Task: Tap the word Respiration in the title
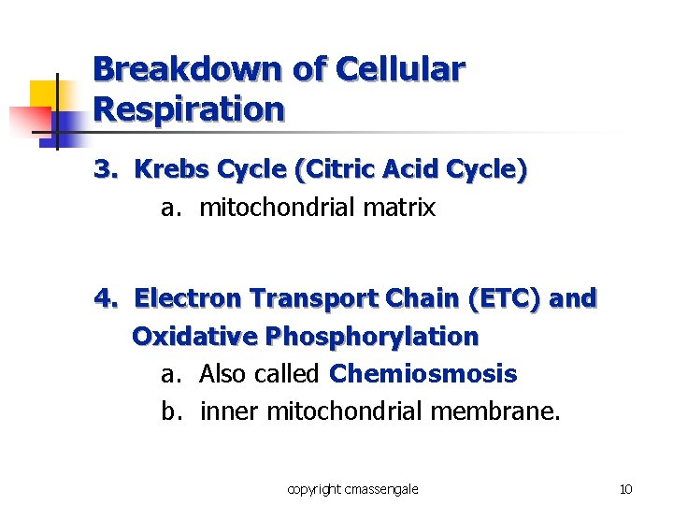[189, 109]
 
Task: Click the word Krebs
[172, 170]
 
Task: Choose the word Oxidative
[195, 337]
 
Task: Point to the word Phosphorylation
[372, 337]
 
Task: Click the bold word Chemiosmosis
[423, 374]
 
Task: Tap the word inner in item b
[230, 411]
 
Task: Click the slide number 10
[625, 489]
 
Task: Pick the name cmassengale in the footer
[379, 489]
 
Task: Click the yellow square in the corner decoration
[43, 94]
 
